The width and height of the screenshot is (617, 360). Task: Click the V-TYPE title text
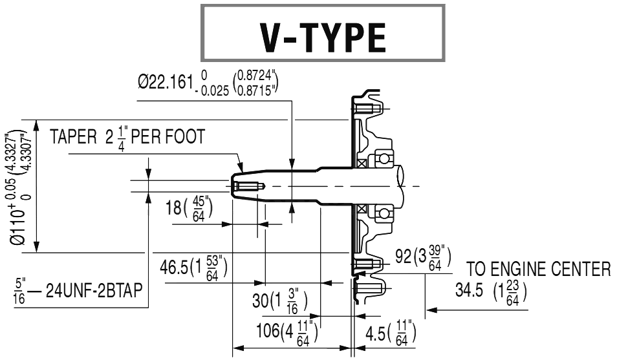coord(323,37)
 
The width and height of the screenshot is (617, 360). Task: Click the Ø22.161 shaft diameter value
coord(166,83)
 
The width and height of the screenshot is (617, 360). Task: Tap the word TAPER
coord(74,137)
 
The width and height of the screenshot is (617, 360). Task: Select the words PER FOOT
coord(168,137)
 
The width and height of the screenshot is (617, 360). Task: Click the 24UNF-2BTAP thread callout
coord(94,291)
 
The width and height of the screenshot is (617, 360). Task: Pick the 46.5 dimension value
coord(173,268)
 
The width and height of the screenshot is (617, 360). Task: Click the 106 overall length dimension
coord(267,330)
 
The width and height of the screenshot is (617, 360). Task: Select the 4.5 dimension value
coord(375,334)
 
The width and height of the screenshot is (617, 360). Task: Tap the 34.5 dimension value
coord(469,290)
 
